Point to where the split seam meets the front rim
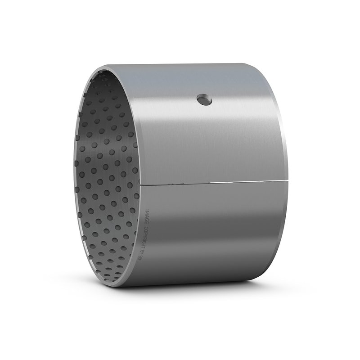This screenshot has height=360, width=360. (140, 185)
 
